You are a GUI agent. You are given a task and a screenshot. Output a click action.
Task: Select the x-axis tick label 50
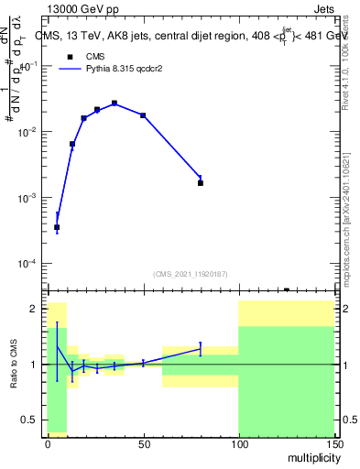point(143,442)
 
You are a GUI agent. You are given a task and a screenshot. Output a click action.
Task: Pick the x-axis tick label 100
point(238,442)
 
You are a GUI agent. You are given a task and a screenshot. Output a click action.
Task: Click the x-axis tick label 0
point(48,442)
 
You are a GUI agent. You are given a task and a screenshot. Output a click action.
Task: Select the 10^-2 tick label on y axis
point(27,133)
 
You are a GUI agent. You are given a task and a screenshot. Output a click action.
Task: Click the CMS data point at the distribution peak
point(115,104)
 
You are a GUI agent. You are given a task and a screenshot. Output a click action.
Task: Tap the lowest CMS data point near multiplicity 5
point(57,227)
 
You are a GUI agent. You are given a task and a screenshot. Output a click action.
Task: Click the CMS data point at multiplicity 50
point(143,115)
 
